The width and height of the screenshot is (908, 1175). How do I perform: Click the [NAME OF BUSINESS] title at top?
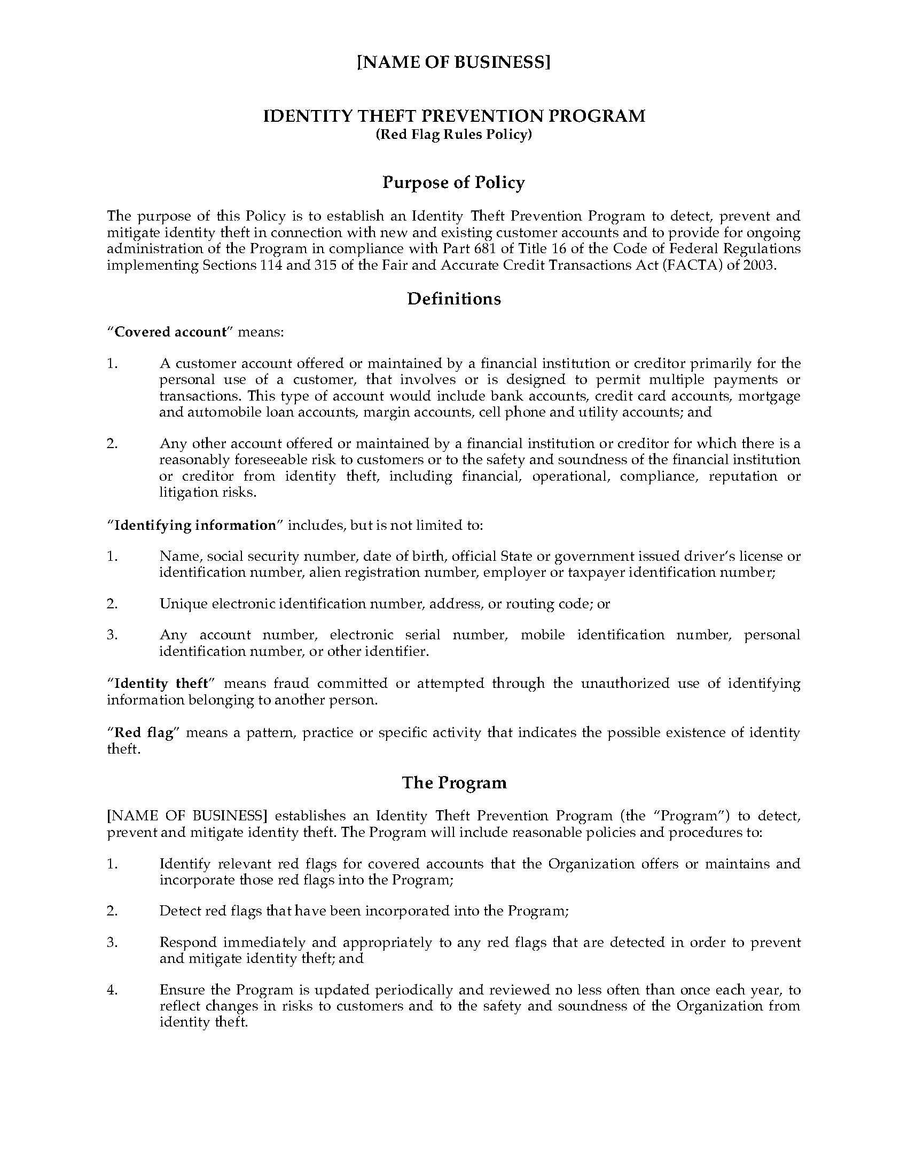pos(454,63)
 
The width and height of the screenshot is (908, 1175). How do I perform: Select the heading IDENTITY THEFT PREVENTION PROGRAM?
pos(454,116)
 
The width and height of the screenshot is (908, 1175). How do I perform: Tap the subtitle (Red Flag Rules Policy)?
pos(454,135)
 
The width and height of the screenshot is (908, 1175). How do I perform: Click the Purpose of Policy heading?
pos(454,183)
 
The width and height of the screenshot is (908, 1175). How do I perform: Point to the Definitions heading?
pos(454,299)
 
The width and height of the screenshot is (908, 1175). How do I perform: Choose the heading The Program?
pos(454,782)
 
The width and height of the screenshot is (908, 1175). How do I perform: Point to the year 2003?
pos(759,266)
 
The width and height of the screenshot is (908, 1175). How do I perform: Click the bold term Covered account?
pos(170,332)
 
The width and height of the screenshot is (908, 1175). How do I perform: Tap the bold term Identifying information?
pos(195,525)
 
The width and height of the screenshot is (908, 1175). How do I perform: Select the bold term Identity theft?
pos(161,684)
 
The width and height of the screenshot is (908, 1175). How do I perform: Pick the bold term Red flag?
pos(144,733)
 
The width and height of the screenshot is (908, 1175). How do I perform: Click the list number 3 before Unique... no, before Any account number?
pos(112,635)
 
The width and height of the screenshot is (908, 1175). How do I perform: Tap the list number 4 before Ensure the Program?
pos(112,990)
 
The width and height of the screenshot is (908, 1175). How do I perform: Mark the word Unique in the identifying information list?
pos(183,604)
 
